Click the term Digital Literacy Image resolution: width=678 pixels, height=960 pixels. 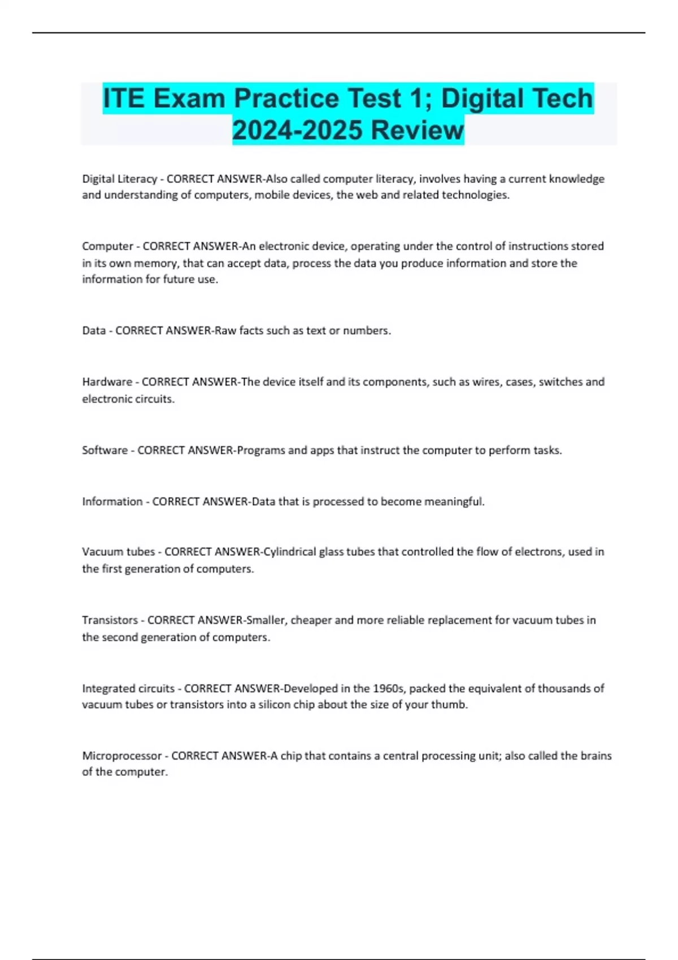tap(119, 179)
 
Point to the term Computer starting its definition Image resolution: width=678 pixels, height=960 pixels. tap(107, 246)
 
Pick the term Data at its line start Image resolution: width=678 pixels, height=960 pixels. tap(94, 330)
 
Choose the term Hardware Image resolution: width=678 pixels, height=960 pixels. tap(107, 382)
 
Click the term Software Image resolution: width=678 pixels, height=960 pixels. tap(105, 450)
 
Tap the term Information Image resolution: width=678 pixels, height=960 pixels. tap(112, 501)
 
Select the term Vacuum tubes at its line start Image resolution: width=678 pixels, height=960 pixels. tap(118, 552)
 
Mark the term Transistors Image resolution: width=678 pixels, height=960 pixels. tap(110, 620)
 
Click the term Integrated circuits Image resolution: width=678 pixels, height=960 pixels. tap(128, 688)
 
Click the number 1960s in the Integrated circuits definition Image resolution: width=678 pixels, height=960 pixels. tap(388, 688)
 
